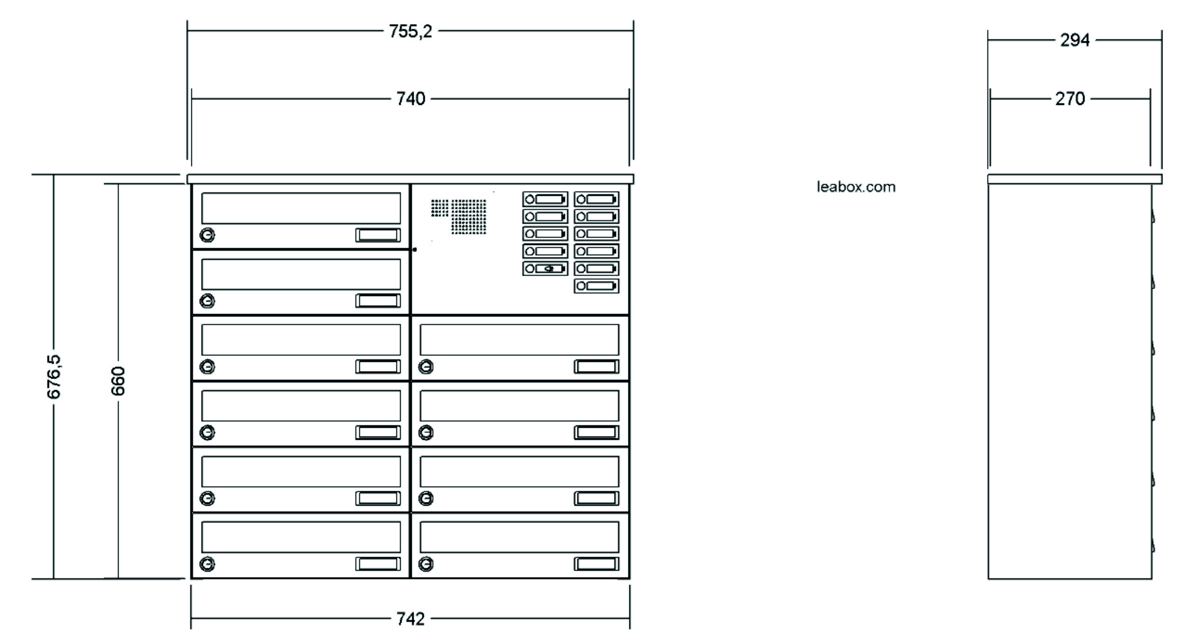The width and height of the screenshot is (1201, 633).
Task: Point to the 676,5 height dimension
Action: (54, 377)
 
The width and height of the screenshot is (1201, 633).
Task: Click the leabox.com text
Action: (856, 187)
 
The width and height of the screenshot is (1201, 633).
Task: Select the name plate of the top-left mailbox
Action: (378, 235)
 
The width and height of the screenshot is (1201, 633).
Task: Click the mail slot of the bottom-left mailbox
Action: (301, 537)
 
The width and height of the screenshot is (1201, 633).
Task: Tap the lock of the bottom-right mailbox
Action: (426, 564)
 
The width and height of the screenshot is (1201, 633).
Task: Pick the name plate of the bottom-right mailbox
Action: (596, 564)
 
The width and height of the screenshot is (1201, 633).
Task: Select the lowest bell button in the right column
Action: (596, 286)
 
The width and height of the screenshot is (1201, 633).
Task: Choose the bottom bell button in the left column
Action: (545, 269)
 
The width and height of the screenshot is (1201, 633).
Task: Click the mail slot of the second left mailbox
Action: (301, 274)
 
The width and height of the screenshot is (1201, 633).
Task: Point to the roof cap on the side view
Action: (1075, 179)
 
